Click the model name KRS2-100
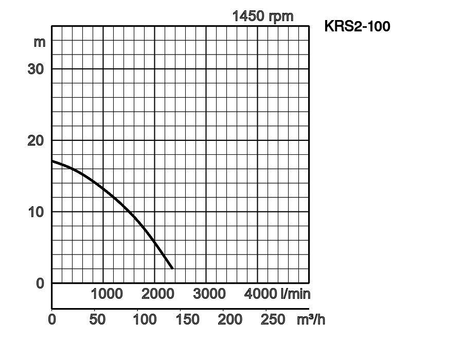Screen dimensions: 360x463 (357, 26)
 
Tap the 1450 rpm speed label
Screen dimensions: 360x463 (263, 16)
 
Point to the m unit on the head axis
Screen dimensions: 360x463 (40, 42)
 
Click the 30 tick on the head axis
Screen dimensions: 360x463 (35, 69)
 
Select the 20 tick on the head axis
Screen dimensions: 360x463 (35, 140)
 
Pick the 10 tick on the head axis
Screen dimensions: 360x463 (35, 212)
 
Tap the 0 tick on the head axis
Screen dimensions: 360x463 (40, 283)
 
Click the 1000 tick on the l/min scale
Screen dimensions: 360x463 (106, 294)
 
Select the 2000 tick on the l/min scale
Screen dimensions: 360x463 (158, 294)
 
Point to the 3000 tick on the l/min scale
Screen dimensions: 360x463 (209, 294)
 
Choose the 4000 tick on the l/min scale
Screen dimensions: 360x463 (261, 294)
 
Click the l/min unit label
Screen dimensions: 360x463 (295, 294)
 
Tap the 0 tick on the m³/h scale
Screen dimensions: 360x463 (52, 319)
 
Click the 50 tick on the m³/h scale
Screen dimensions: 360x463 (97, 319)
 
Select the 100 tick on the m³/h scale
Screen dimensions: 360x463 (145, 319)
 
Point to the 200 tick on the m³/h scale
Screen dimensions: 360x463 (230, 319)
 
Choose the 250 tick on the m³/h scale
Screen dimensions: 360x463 (273, 319)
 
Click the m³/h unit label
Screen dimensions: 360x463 (311, 319)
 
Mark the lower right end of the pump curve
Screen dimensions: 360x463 (172, 268)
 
